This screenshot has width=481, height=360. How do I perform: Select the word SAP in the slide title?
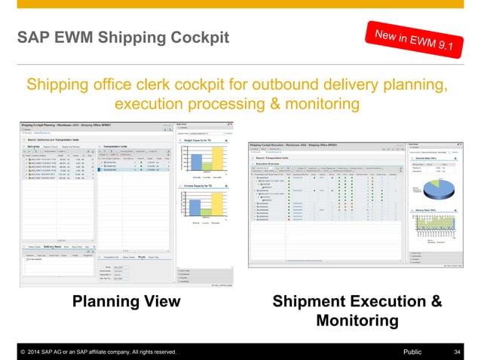click(x=34, y=36)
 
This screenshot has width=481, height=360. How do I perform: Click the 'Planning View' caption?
click(x=126, y=302)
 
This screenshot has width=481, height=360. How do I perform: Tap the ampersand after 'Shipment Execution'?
click(x=435, y=302)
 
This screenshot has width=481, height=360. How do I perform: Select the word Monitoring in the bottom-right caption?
click(x=357, y=321)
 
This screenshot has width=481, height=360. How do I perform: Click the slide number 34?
click(x=457, y=352)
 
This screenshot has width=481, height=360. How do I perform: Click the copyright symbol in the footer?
click(x=24, y=352)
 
